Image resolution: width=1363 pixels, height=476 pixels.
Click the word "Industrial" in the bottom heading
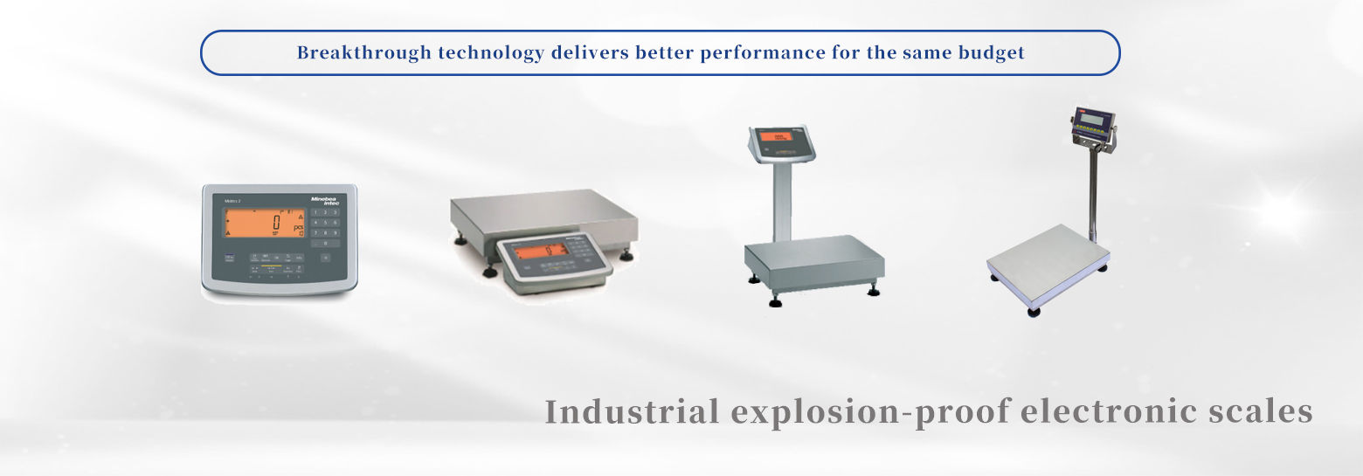633,411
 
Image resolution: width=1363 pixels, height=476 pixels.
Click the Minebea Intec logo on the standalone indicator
325,202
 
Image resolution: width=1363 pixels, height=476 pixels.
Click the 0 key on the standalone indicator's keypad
325,244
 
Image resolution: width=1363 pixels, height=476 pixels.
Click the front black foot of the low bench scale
490,272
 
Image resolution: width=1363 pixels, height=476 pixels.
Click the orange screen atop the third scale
775,136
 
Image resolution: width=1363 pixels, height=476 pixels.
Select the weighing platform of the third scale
813,253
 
